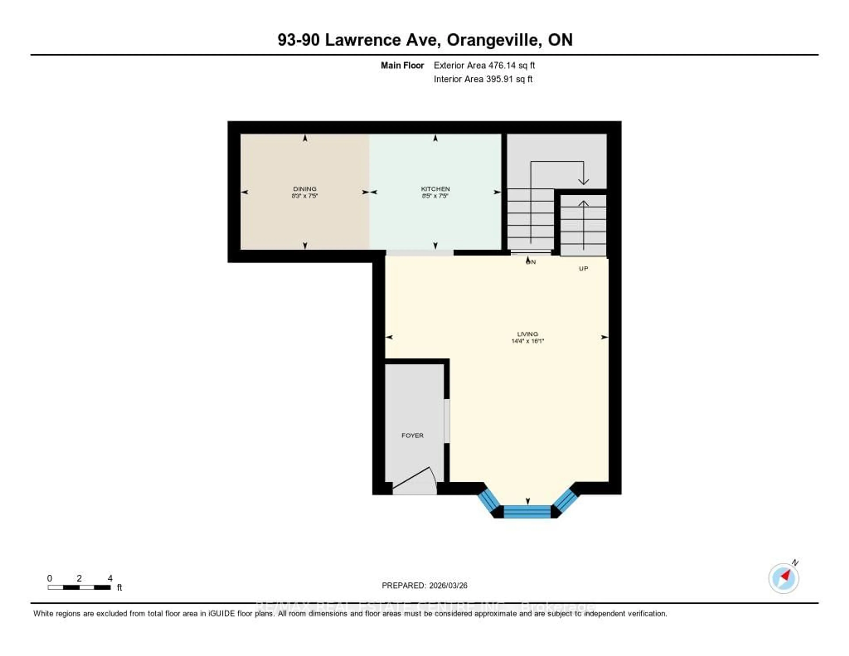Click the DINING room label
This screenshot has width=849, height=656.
(305, 189)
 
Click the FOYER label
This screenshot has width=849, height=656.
(412, 435)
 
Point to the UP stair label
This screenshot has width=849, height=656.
(583, 268)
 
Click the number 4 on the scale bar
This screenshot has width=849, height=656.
(110, 578)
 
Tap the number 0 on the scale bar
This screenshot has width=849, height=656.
(49, 578)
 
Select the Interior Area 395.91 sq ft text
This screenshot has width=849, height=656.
(483, 79)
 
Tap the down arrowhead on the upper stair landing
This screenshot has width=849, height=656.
(583, 181)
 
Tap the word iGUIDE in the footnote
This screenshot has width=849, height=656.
(222, 613)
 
